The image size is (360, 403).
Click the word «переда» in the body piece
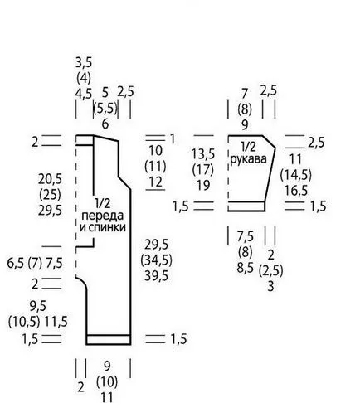tap(103, 216)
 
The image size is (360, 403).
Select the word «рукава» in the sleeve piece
tap(248, 159)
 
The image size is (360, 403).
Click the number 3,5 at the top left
tap(84, 62)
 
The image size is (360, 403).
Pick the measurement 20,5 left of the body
tap(50, 179)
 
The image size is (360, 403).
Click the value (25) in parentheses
tap(50, 195)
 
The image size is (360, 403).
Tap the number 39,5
tap(156, 275)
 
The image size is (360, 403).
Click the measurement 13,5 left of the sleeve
tap(203, 154)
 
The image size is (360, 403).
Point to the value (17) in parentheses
tap(203, 169)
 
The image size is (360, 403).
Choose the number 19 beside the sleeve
tap(203, 185)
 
